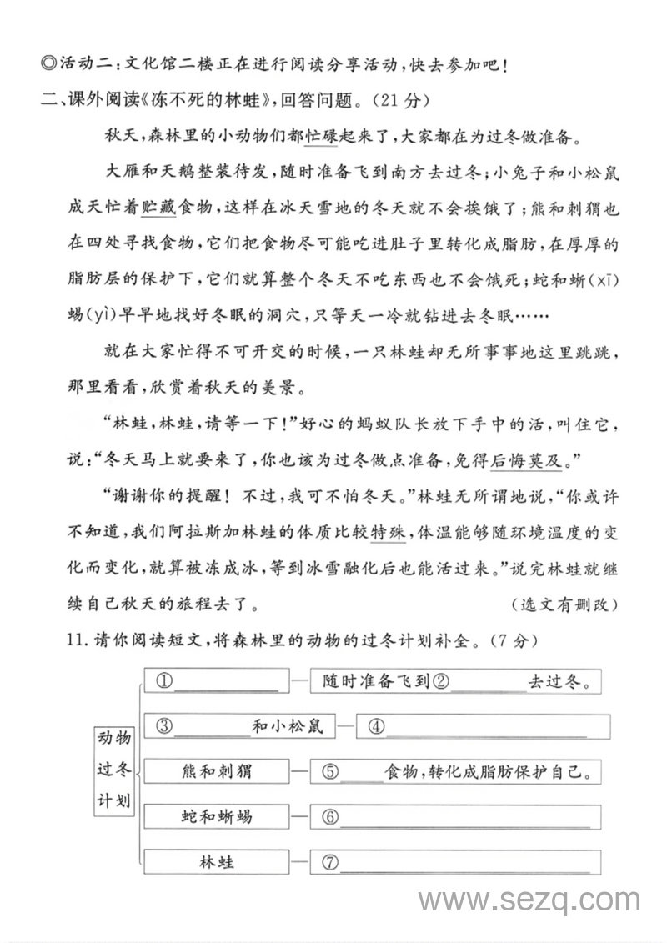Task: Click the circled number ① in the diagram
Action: click(163, 681)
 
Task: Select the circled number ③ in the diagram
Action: click(163, 726)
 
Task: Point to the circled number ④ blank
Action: click(375, 726)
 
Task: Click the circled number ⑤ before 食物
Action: click(330, 771)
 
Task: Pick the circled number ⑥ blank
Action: click(330, 816)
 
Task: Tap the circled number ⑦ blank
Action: click(330, 861)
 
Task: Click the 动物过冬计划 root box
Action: click(114, 770)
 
